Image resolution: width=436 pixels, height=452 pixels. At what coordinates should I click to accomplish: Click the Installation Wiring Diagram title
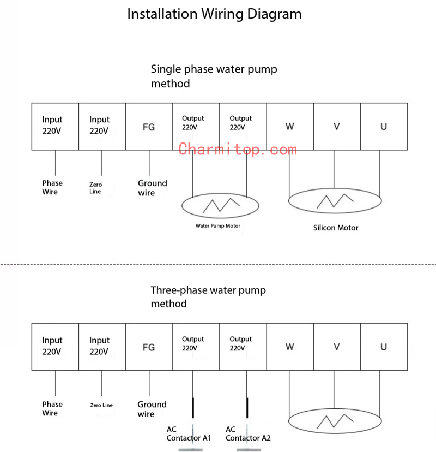point(214,14)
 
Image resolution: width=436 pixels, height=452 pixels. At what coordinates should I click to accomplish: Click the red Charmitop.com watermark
point(238,150)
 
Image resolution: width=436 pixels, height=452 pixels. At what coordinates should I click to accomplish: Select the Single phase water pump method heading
point(214,76)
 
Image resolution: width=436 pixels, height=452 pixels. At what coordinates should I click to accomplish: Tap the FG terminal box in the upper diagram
point(149,127)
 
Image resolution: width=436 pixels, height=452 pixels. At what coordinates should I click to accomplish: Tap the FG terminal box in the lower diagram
point(149,347)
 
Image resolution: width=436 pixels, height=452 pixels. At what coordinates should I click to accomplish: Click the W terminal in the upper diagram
point(290,127)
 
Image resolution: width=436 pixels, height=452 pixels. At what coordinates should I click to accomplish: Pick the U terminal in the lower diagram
point(384,347)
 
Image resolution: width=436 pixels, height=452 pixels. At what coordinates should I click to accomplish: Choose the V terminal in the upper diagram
point(337,127)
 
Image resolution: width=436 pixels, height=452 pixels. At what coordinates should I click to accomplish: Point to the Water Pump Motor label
point(218,225)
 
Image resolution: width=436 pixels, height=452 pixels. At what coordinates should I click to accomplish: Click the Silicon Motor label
point(336,228)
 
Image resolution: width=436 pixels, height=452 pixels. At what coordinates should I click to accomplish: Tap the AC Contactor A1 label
point(189,433)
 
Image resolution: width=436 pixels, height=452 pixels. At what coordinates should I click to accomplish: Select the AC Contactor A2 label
point(248,433)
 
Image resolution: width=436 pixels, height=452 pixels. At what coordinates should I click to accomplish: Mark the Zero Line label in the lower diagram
point(101,405)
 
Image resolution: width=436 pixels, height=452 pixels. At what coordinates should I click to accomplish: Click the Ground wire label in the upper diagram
point(152,188)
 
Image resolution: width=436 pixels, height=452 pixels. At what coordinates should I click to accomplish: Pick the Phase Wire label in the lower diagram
point(52,408)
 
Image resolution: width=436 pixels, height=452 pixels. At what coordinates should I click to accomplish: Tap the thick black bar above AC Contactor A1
point(193,408)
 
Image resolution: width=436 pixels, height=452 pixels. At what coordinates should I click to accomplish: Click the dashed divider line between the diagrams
point(218,264)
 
